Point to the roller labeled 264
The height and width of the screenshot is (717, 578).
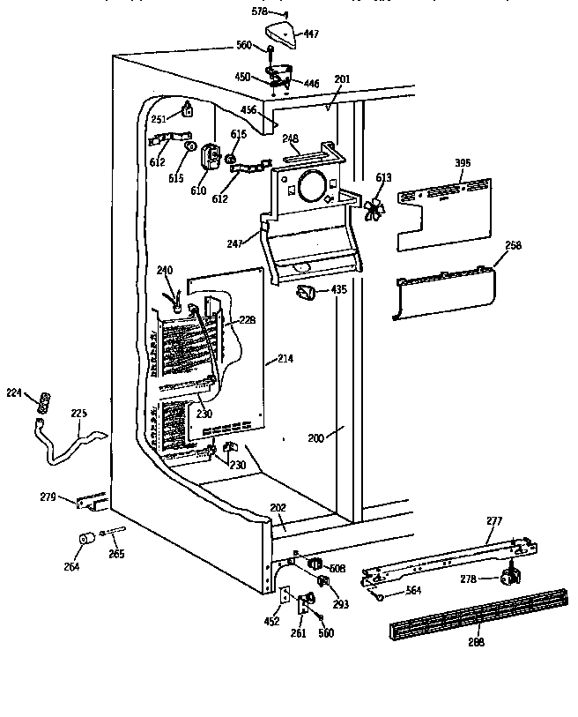pos(87,539)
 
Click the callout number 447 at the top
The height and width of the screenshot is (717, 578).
pos(311,34)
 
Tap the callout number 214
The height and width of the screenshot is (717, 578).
pos(285,359)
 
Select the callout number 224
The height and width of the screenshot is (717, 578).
pos(12,394)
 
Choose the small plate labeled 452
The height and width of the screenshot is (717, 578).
pos(284,595)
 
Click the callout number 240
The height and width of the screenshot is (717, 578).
pos(165,271)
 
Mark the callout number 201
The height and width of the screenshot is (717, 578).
pos(342,79)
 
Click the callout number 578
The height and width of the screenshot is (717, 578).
pos(257,12)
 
